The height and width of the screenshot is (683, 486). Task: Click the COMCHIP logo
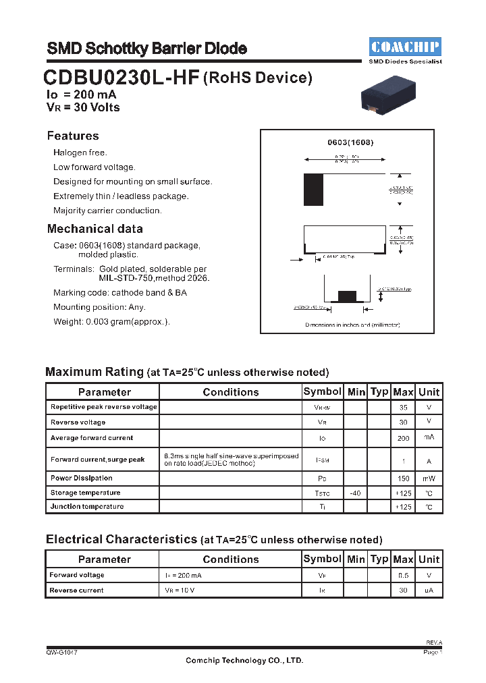point(405,47)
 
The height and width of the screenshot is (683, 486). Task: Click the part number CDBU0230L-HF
point(122,79)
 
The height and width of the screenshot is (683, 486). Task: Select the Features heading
point(73,136)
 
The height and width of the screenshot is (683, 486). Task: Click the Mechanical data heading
point(94,229)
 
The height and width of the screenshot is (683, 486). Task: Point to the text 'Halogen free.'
point(80,153)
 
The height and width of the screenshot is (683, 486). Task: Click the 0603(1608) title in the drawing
point(350,143)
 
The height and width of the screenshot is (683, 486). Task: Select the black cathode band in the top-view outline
point(314,190)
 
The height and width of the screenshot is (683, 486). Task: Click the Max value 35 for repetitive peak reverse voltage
point(403,408)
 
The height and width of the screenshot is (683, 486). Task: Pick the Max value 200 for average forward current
point(403,438)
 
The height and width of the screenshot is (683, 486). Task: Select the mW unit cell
point(429,479)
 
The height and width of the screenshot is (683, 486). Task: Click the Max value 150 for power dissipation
point(403,479)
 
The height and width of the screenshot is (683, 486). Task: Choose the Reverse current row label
point(76,591)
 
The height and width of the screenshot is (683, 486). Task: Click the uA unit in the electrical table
point(429,591)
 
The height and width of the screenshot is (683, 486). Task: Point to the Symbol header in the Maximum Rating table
point(322,391)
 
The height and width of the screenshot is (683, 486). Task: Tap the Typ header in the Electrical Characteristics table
point(379,559)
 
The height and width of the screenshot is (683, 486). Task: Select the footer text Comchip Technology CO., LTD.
point(244,661)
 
